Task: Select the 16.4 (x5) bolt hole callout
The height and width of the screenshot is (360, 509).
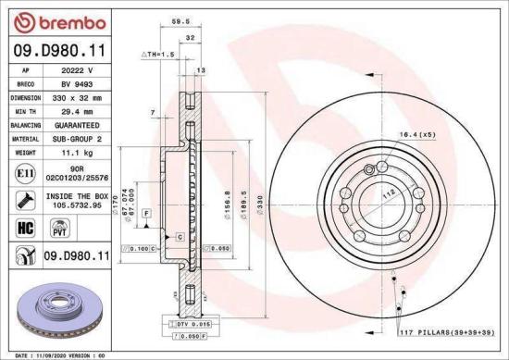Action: click(x=416, y=136)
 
